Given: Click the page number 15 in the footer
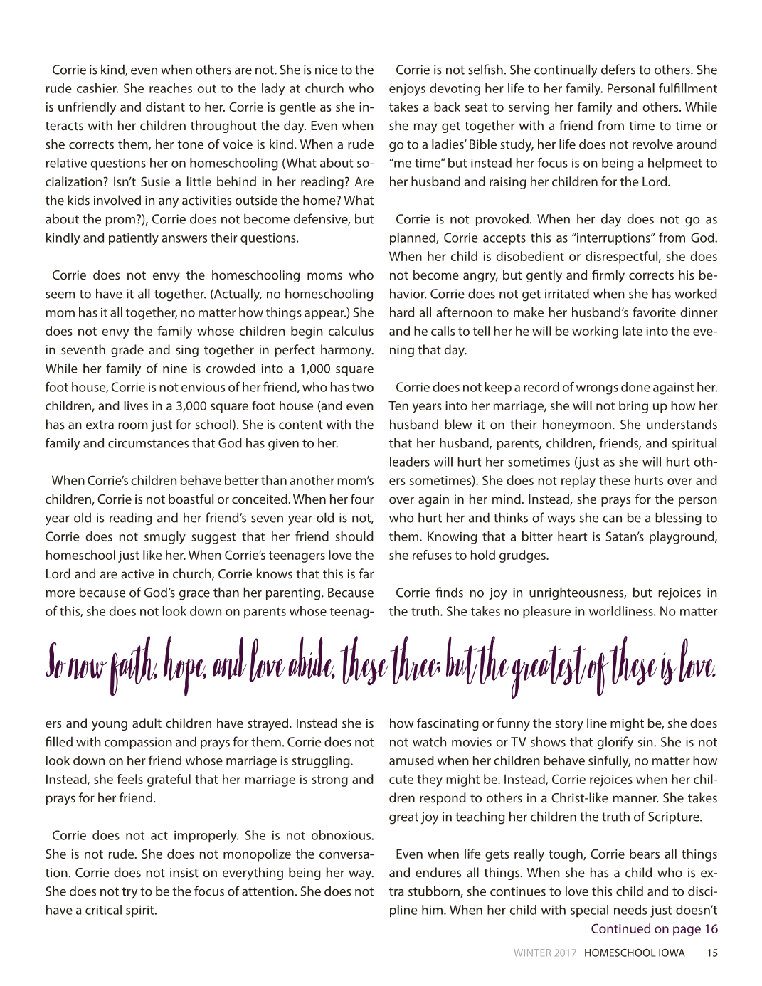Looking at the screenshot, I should click(x=711, y=953).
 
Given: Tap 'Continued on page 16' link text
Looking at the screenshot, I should click(x=654, y=928).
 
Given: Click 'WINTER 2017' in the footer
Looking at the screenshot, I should click(x=545, y=953).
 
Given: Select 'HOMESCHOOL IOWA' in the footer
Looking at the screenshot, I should click(x=635, y=953).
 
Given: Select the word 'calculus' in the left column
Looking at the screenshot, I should click(x=349, y=331).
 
